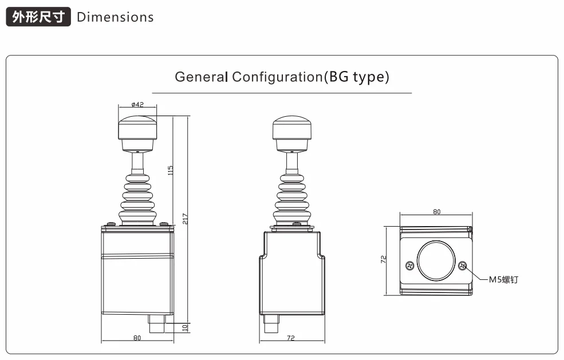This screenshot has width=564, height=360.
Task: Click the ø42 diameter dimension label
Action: pyautogui.click(x=137, y=105)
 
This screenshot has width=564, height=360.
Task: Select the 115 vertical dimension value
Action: pyautogui.click(x=171, y=170)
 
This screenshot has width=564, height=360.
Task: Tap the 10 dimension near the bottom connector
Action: pyautogui.click(x=184, y=327)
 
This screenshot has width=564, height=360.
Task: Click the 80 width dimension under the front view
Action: pyautogui.click(x=137, y=338)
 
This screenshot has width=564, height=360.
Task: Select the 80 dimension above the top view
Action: pyautogui.click(x=436, y=212)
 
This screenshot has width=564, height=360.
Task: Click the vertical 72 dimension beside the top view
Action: pyautogui.click(x=384, y=259)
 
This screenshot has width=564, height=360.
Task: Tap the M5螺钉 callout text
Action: pyautogui.click(x=503, y=280)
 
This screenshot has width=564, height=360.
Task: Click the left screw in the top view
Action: pyautogui.click(x=409, y=265)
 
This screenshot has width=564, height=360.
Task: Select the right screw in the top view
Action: pyautogui.click(x=462, y=265)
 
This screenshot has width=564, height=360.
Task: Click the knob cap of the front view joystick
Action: pyautogui.click(x=137, y=128)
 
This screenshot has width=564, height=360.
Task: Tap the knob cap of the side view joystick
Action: pyautogui.click(x=291, y=128)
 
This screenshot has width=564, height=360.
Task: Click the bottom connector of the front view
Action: pyautogui.click(x=157, y=325)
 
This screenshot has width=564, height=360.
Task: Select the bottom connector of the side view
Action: pyautogui.click(x=270, y=325)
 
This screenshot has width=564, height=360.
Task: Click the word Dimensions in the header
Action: pyautogui.click(x=115, y=17)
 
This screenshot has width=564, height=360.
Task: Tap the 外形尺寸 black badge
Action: pyautogui.click(x=38, y=17)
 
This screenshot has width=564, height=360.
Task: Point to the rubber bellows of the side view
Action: pyautogui.click(x=291, y=200)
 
